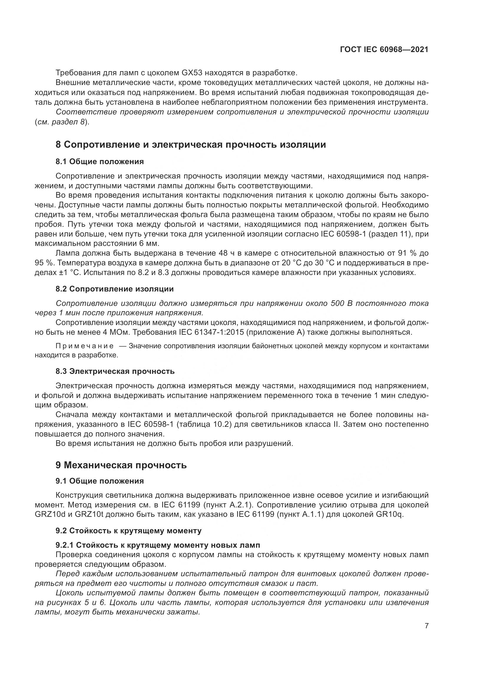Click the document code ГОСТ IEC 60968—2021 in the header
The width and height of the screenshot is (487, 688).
click(384, 50)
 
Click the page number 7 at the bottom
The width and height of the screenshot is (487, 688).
click(426, 626)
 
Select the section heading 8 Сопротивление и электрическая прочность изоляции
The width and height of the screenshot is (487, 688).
click(191, 144)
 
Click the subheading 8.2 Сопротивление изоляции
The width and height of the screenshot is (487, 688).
click(115, 289)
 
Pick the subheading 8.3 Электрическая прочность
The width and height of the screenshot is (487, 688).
click(115, 371)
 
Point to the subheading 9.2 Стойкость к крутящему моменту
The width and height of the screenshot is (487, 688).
click(128, 531)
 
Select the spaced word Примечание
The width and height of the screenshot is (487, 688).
click(85, 346)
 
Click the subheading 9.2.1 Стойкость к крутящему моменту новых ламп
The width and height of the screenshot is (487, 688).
click(158, 544)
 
